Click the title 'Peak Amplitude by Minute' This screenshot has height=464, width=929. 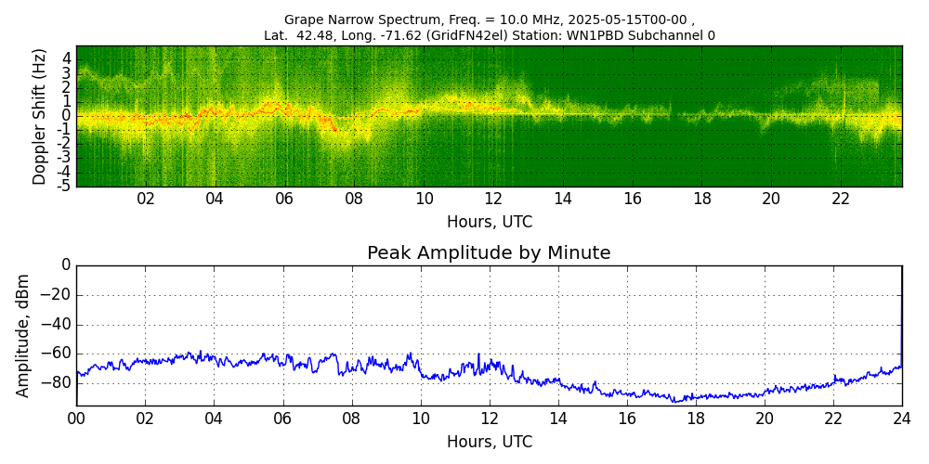[x=489, y=253]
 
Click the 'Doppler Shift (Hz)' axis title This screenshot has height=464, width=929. [x=40, y=116]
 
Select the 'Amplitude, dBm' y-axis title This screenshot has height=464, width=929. [x=24, y=335]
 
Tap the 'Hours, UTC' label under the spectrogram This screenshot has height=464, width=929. [x=490, y=223]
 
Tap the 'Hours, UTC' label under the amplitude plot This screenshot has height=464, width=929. [x=490, y=442]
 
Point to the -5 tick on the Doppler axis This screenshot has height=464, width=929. [x=65, y=186]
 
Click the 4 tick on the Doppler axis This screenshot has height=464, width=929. [x=67, y=58]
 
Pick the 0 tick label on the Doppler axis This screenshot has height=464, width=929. [x=67, y=115]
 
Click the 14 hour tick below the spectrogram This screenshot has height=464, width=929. [x=563, y=199]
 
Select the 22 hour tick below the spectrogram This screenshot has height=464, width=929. [x=841, y=199]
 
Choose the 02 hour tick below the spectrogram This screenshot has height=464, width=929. [x=146, y=199]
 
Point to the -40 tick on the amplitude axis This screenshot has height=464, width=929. [x=57, y=325]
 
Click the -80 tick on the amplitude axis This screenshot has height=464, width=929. [x=57, y=382]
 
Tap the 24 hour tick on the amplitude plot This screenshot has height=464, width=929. [x=902, y=419]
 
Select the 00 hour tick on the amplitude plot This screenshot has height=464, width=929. [x=76, y=419]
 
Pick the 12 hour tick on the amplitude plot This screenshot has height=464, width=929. [x=490, y=419]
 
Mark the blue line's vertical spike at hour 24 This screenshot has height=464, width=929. [x=901, y=316]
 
